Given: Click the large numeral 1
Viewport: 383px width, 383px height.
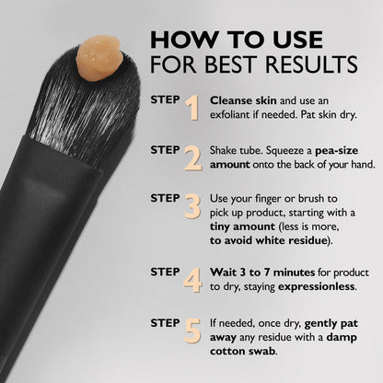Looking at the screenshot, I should point(192,108).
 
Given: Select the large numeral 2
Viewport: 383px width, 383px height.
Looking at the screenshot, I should point(192,157).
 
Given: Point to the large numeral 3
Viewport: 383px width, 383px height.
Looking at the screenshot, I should point(192,205).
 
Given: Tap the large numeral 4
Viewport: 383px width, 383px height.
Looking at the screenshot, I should point(192,279).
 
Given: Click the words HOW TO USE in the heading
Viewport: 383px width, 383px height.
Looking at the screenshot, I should point(237,41).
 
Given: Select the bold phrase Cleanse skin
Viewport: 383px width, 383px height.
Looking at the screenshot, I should point(242,100).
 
